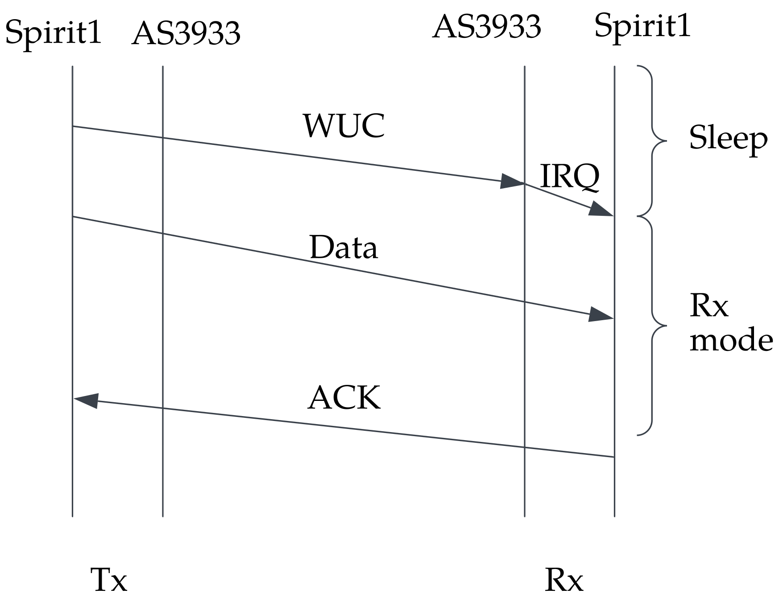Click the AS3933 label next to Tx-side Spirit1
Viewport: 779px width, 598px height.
[x=186, y=34]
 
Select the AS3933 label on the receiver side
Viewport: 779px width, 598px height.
[x=487, y=26]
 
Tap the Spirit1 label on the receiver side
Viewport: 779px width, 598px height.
[x=642, y=26]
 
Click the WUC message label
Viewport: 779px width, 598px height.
[x=344, y=126]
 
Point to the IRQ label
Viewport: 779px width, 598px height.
[x=570, y=177]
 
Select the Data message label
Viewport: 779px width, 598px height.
[x=344, y=248]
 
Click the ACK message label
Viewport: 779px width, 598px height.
[x=344, y=398]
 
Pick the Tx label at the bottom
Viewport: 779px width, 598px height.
[x=109, y=580]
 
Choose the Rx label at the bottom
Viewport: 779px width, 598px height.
[x=564, y=580]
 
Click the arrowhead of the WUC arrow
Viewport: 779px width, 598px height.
[x=512, y=181]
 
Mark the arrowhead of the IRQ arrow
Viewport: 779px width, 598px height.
[x=601, y=210]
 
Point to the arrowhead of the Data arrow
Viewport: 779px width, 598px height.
[x=601, y=315]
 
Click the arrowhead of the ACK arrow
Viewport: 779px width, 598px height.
[x=86, y=400]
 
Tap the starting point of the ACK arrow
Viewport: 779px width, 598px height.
[x=614, y=457]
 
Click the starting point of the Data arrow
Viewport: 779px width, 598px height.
[x=73, y=217]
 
